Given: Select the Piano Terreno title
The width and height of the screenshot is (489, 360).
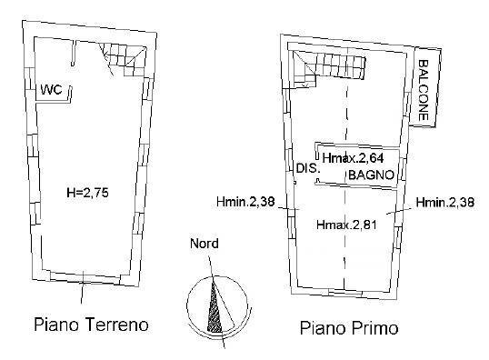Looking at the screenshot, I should coord(91,324).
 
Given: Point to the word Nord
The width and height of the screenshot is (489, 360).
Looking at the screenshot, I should coord(203,244).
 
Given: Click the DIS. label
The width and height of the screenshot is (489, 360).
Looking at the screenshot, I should coord(305,167).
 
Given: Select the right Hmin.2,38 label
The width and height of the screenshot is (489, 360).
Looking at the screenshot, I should coord(442,202).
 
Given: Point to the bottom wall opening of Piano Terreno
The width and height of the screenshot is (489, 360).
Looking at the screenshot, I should coord(84,279).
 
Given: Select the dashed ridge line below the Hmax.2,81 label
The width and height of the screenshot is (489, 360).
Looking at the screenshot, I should coord(345,259).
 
